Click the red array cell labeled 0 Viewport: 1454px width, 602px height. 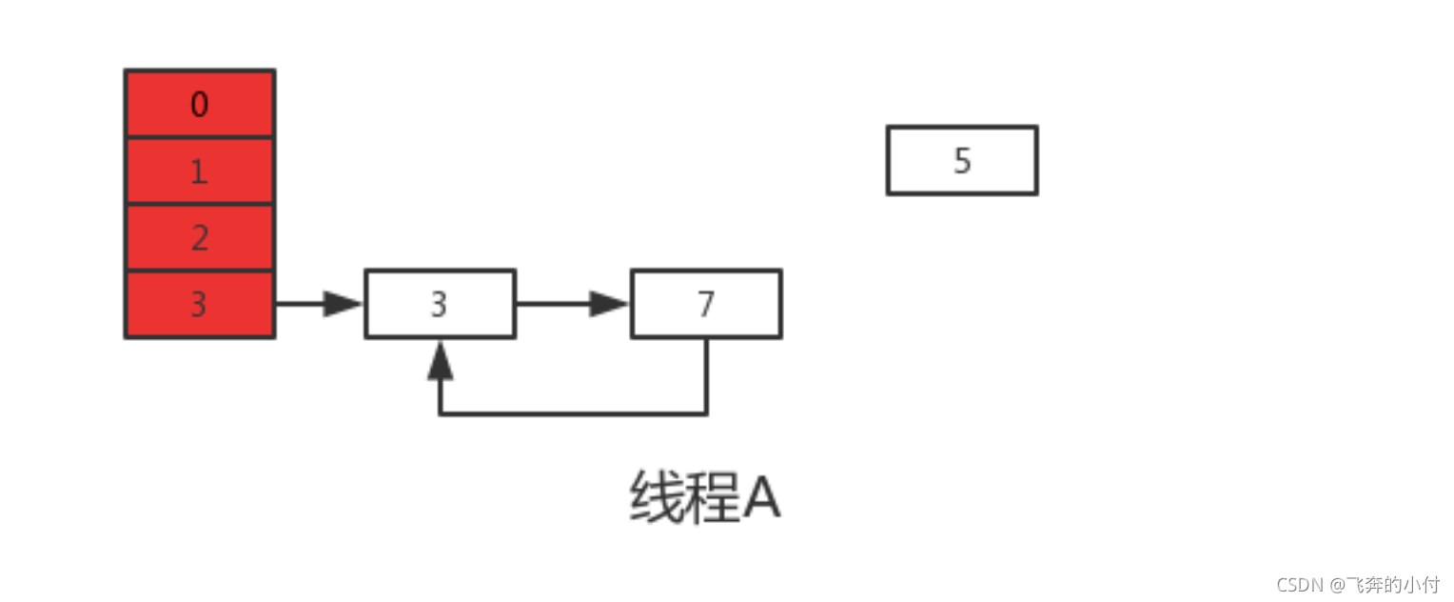(x=200, y=104)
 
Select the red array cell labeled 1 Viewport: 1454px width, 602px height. (x=200, y=171)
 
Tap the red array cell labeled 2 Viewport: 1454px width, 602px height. (x=200, y=238)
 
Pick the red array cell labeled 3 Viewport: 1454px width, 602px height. (x=200, y=305)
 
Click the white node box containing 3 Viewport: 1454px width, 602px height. (x=440, y=305)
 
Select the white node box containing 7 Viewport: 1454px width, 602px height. (x=706, y=305)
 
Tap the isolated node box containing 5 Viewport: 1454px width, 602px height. (x=962, y=161)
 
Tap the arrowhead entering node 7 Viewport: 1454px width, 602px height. (x=610, y=305)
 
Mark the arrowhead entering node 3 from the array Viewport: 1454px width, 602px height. (x=344, y=305)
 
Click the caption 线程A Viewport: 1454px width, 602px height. (x=705, y=498)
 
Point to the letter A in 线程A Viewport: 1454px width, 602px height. (x=761, y=498)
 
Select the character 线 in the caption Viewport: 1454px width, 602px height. (x=658, y=498)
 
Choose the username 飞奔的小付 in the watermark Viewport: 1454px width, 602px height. (x=1390, y=584)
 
